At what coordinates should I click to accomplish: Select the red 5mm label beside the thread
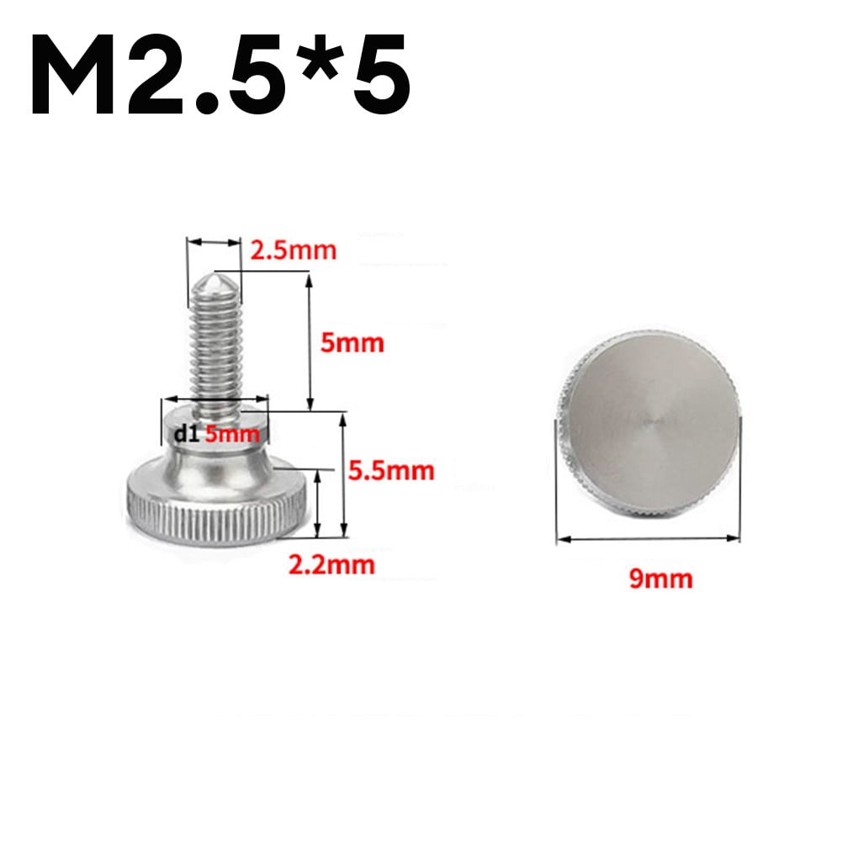pos(352,342)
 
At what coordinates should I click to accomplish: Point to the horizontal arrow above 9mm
pos(649,538)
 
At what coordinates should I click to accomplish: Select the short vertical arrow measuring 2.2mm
pos(317,503)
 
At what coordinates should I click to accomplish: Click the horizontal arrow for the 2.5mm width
pos(214,243)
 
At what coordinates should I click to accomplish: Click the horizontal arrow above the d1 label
pos(215,400)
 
